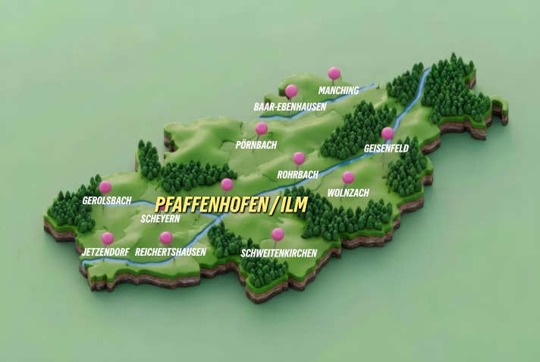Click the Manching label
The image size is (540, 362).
(338, 90)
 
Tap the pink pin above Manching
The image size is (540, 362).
(334, 73)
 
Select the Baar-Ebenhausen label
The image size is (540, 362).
(290, 107)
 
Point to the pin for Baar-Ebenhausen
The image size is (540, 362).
(290, 90)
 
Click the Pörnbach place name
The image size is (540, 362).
(256, 144)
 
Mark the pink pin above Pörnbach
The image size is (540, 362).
(262, 128)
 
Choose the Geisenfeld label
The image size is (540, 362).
(386, 148)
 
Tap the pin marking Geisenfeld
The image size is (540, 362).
(388, 133)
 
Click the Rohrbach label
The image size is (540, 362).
(298, 174)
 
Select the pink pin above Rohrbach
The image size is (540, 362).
(299, 158)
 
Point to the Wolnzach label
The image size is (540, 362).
(347, 193)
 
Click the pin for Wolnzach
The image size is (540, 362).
(348, 177)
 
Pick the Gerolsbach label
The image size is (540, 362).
(107, 201)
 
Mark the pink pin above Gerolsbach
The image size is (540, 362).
(105, 186)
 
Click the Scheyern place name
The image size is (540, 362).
(161, 219)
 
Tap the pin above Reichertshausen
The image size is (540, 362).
(166, 238)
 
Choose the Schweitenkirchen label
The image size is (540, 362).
(278, 252)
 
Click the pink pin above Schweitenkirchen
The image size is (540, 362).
(278, 234)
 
